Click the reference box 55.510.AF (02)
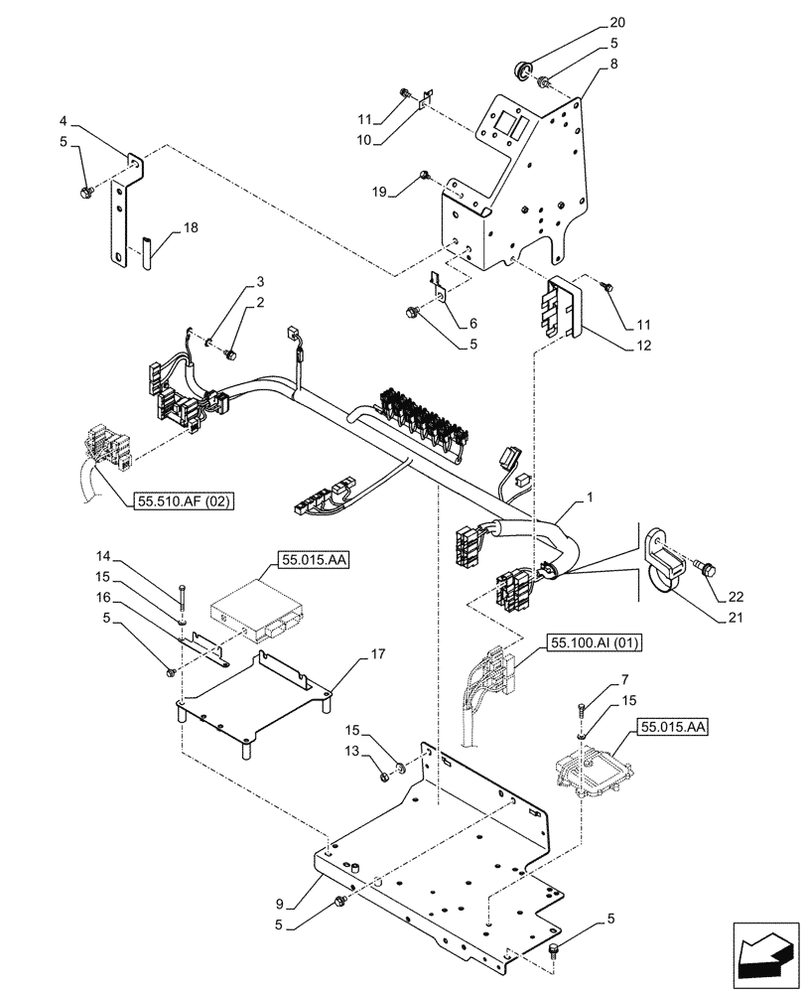[x=181, y=502]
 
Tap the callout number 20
[x=617, y=23]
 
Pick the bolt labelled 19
[x=424, y=176]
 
